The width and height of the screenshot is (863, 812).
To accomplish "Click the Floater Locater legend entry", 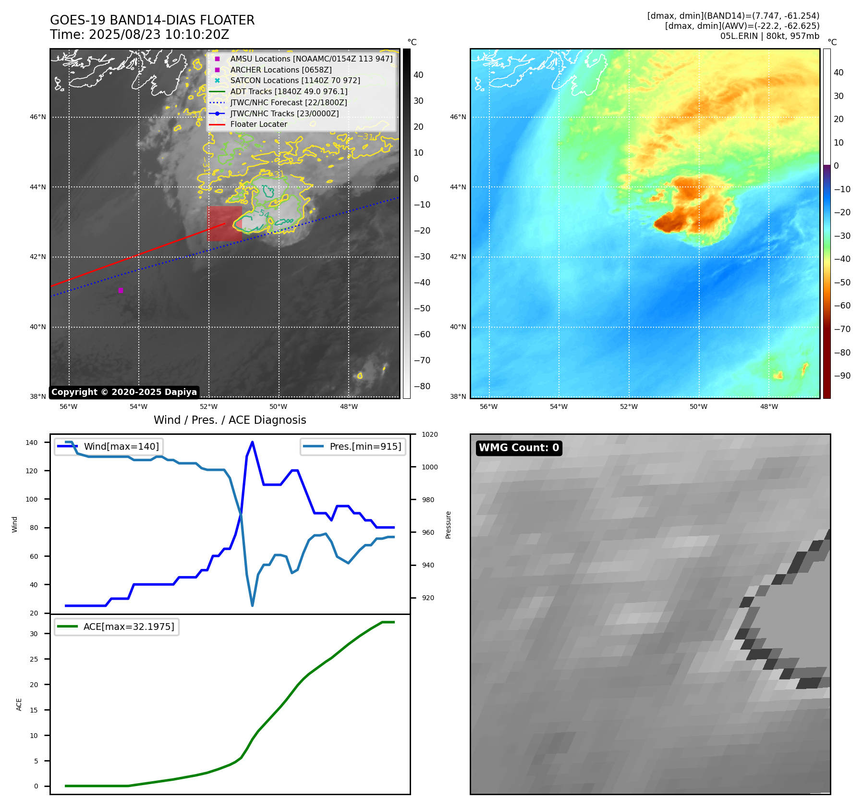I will point(258,124).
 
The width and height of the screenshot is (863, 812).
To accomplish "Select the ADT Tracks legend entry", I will point(289,92).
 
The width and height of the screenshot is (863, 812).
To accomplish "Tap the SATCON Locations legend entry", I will point(295,81).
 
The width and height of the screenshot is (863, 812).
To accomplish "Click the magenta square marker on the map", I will point(121,290).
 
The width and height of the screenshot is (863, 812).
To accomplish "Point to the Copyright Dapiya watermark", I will point(124,392).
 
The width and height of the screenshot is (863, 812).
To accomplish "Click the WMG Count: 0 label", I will point(519,448).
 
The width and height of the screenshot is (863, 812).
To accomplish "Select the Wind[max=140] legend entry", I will point(121,446).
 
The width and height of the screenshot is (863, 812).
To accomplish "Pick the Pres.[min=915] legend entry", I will point(365,446).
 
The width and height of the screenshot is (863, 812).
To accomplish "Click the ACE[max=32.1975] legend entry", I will point(129,627).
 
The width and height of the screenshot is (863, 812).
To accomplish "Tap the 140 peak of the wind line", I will point(252,442).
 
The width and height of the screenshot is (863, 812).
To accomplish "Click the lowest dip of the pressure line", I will point(252,605).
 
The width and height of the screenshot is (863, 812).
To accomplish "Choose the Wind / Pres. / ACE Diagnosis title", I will point(230,420).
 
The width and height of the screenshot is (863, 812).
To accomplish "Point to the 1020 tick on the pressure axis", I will point(429,434).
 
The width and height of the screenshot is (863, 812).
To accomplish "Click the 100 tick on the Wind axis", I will point(32,499).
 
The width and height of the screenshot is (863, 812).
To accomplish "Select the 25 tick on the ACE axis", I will point(34,659).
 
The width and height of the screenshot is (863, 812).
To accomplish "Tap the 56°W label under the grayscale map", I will point(68,406).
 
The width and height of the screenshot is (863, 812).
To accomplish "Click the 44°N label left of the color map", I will point(458,187).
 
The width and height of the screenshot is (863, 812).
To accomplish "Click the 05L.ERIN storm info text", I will point(769,36).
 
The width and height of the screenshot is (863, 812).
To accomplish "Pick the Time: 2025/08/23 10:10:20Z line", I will point(139,35).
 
